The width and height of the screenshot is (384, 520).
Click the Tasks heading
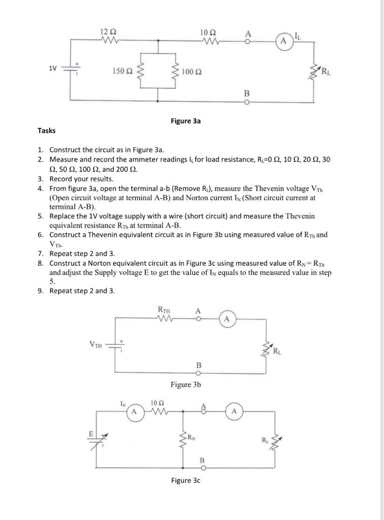click(x=47, y=131)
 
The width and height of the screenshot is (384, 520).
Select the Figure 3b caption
click(x=186, y=384)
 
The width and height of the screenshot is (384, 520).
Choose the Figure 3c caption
click(x=186, y=480)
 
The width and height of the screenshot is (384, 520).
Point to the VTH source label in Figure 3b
click(x=95, y=345)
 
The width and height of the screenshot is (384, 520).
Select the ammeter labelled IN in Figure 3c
click(x=134, y=411)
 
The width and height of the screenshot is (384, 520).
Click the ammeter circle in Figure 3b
click(x=227, y=319)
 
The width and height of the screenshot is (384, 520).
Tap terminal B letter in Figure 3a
click(x=247, y=93)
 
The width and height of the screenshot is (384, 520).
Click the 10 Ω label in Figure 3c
click(x=157, y=403)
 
